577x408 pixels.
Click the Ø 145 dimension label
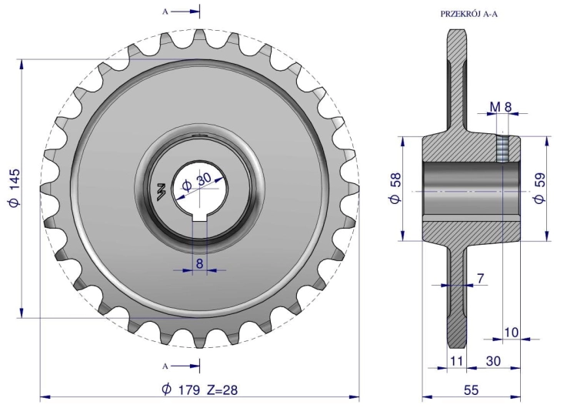tap(15, 188)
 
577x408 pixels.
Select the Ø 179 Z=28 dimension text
tap(200, 390)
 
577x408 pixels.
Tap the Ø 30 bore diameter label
tap(198, 182)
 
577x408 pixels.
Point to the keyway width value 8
tap(200, 263)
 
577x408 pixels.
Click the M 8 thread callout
tap(501, 107)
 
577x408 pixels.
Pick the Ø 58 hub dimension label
tap(395, 188)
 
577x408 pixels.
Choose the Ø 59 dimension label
tap(539, 188)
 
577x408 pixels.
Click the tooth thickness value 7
tap(480, 279)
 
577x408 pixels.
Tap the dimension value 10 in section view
tap(511, 333)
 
